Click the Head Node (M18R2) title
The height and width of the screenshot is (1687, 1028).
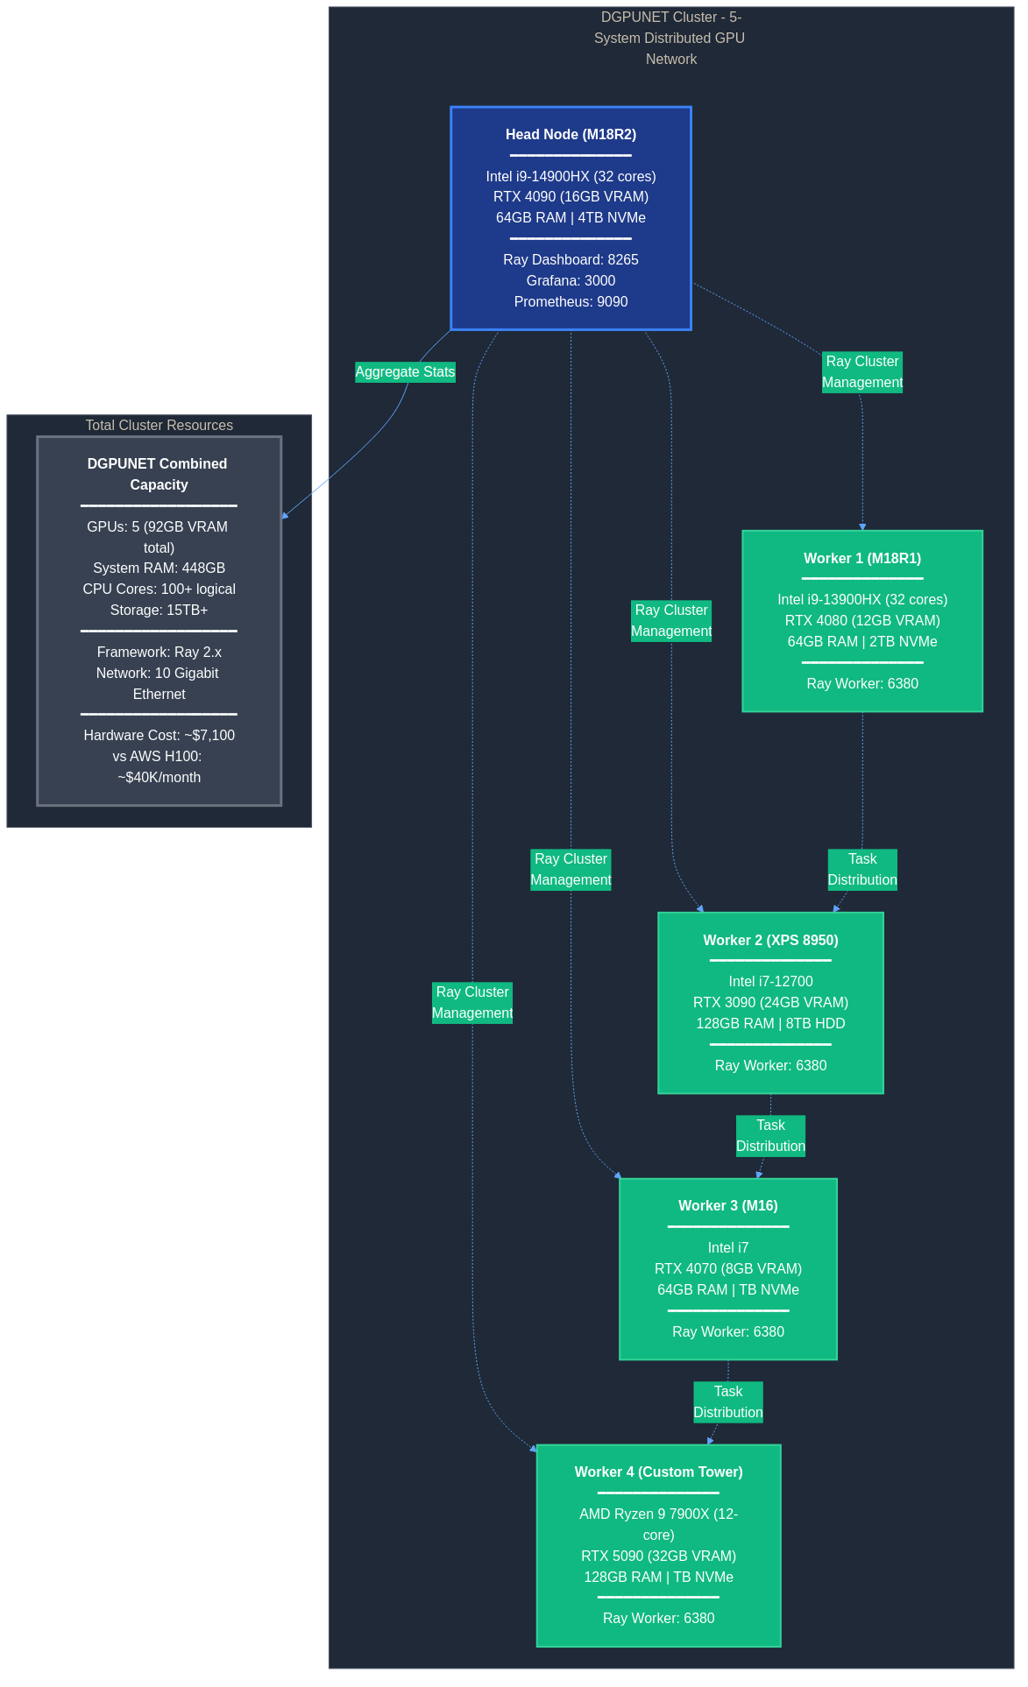pyautogui.click(x=571, y=134)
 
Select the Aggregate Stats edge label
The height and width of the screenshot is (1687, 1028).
pyautogui.click(x=405, y=371)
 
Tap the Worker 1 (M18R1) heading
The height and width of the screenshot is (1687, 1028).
pyautogui.click(x=862, y=558)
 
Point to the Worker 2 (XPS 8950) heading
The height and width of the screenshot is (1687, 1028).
pyautogui.click(x=770, y=940)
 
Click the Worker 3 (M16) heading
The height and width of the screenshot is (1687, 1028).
pyautogui.click(x=727, y=1205)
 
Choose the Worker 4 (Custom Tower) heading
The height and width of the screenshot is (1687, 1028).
pyautogui.click(x=658, y=1472)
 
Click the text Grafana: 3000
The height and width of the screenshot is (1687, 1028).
pyautogui.click(x=571, y=280)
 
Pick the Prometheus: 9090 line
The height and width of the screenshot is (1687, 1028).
pyautogui.click(x=571, y=301)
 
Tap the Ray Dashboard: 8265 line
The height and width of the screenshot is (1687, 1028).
pyautogui.click(x=571, y=259)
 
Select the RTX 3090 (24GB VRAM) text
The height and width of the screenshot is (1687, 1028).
pyautogui.click(x=770, y=1002)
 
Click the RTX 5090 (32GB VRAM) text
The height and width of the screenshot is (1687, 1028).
pyautogui.click(x=658, y=1556)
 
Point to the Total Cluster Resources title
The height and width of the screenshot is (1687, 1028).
pyautogui.click(x=159, y=425)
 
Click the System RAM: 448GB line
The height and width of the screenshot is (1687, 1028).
pyautogui.click(x=159, y=568)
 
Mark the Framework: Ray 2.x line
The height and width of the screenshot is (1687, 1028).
pyautogui.click(x=159, y=652)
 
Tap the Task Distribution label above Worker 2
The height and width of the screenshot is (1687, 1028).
pyautogui.click(x=862, y=869)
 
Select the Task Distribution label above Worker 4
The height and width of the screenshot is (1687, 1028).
pyautogui.click(x=727, y=1401)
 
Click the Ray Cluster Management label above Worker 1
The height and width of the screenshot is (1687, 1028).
pyautogui.click(x=862, y=371)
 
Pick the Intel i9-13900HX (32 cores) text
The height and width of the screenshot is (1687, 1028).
pyautogui.click(x=862, y=599)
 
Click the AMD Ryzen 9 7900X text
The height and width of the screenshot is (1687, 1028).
pyautogui.click(x=658, y=1514)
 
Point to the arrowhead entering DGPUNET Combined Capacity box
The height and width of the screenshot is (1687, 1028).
pyautogui.click(x=285, y=516)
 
